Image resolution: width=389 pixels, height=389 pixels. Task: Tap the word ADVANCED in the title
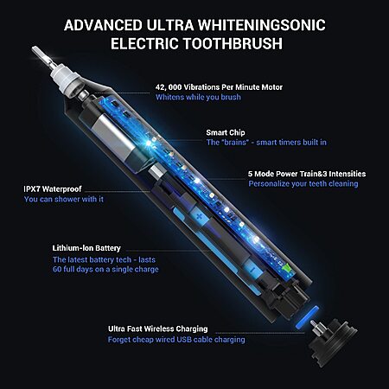click(103, 25)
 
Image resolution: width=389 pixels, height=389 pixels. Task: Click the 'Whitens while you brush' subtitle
click(198, 97)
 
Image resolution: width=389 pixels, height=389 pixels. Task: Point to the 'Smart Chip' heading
click(226, 132)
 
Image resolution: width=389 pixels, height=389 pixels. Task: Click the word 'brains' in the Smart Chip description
click(236, 143)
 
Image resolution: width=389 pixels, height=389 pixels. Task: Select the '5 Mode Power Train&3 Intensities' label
click(307, 174)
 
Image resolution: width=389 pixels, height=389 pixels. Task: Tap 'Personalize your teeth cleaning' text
click(303, 184)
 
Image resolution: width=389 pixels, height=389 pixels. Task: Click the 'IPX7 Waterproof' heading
click(53, 189)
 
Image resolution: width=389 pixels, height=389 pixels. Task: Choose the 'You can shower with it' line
click(64, 199)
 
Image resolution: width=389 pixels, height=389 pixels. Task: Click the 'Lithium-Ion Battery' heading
click(86, 248)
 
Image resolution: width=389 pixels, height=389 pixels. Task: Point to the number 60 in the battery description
click(57, 270)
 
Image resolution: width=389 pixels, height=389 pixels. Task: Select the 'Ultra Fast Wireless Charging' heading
click(158, 328)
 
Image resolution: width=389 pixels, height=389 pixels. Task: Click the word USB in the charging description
click(184, 340)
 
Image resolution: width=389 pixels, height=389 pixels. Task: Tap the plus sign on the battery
click(199, 216)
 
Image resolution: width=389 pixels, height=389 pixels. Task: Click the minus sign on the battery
click(252, 270)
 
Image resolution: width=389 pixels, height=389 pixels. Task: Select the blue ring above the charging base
click(307, 317)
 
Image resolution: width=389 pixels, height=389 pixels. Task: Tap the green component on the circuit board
click(287, 267)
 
